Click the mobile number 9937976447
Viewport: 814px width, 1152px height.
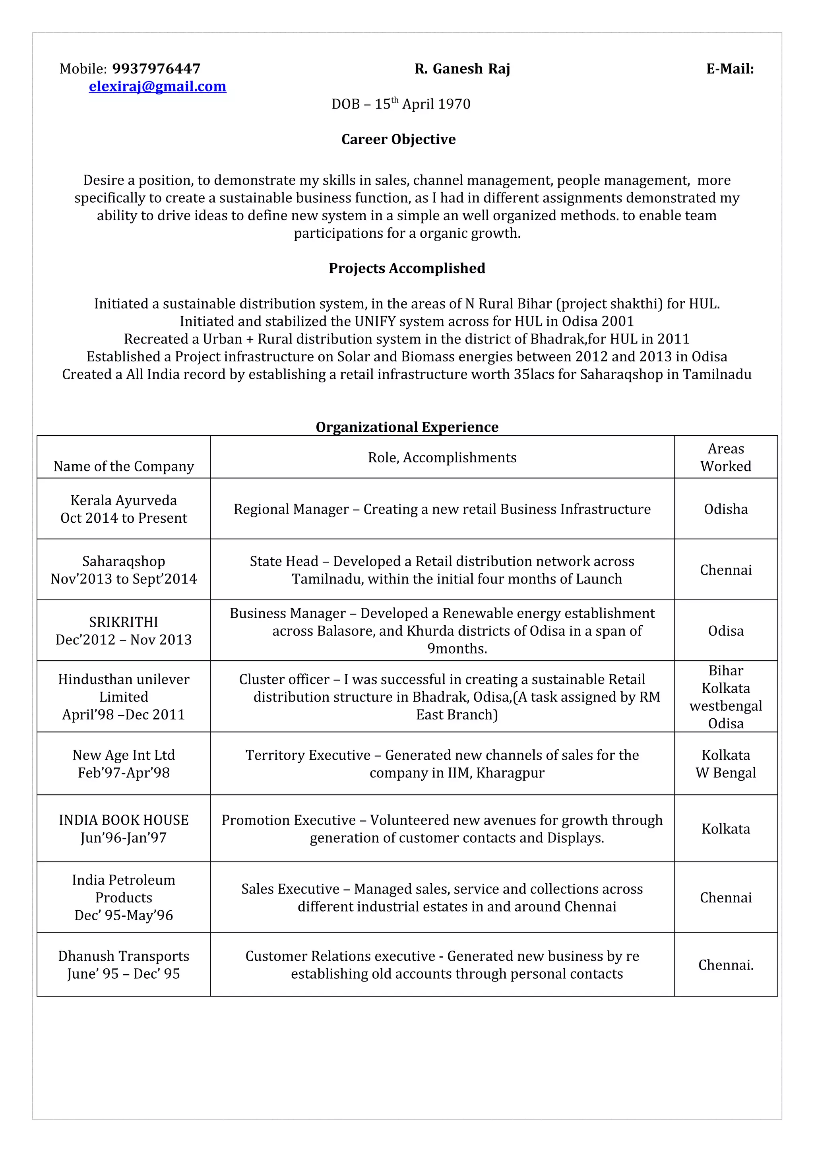click(156, 69)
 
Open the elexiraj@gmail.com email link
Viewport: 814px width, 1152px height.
click(157, 86)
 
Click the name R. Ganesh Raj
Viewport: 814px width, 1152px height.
click(462, 69)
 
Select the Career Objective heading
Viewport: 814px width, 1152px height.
click(398, 139)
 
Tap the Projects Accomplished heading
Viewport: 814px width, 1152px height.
click(407, 268)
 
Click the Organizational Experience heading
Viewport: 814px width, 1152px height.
click(407, 427)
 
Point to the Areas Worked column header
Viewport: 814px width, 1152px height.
click(725, 457)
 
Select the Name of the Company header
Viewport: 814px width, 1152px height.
click(123, 466)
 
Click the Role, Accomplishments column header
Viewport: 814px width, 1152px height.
click(442, 457)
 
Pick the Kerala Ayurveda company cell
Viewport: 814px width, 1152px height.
click(123, 509)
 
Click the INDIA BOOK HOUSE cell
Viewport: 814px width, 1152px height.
click(123, 828)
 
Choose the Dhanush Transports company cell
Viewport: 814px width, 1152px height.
click(123, 964)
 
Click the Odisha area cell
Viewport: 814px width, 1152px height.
click(725, 509)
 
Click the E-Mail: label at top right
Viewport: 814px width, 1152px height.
click(730, 69)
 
